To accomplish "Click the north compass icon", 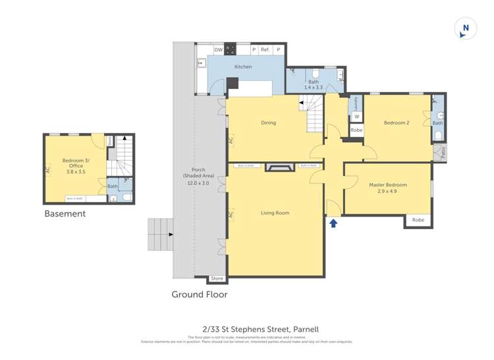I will pos(466,29).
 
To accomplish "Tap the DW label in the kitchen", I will pos(218,50).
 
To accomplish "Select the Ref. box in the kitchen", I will pos(265,50).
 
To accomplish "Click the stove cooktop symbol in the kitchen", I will pos(230,49).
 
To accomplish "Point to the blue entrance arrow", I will pos(333,223).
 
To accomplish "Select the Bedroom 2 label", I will pos(397,122).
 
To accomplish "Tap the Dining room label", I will pos(268,122).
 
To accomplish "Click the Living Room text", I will pos(275,213).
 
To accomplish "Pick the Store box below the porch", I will pos(217,278).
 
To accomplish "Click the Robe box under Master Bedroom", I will pos(418,220).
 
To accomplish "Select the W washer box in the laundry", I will pos(356,117).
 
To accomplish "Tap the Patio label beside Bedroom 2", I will pos(443,152).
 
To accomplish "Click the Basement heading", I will pos(65,214).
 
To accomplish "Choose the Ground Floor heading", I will pos(200,294).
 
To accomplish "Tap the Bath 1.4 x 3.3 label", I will pos(314,85).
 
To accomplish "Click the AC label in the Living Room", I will pos(231,215).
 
